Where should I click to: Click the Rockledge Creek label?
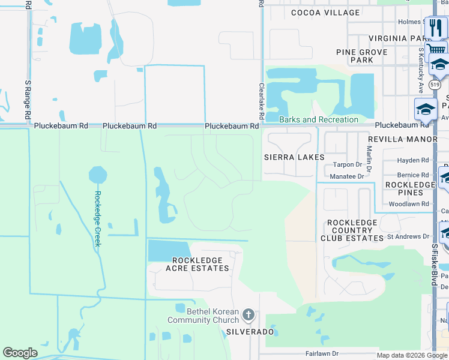[x=98, y=218]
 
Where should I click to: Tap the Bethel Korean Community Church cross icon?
[x=249, y=315]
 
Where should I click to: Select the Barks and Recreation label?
[x=319, y=119]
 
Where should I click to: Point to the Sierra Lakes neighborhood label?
[x=294, y=157]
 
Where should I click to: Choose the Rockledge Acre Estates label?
[x=200, y=264]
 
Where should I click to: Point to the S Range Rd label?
[x=28, y=100]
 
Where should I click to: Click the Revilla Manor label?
[x=402, y=139]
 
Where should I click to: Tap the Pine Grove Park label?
[x=362, y=56]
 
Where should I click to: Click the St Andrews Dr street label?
[x=408, y=236]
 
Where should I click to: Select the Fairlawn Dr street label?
[x=322, y=354]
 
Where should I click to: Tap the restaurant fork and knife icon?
[x=436, y=27]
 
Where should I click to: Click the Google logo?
[x=20, y=353]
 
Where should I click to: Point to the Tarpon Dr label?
[x=348, y=164]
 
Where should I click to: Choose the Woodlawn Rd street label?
[x=409, y=204]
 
